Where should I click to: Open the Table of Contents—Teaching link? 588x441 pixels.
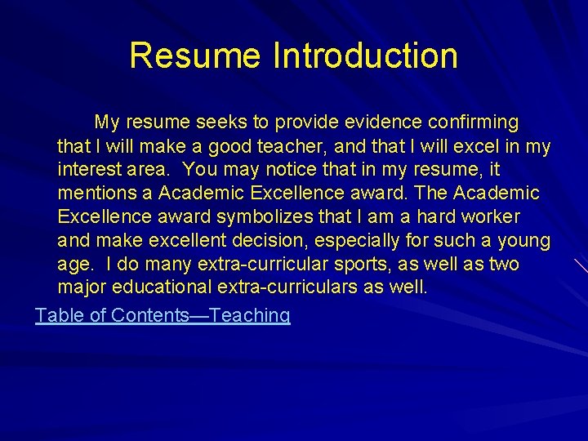163,315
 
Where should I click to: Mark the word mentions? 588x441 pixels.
96,194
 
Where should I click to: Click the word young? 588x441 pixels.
525,241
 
